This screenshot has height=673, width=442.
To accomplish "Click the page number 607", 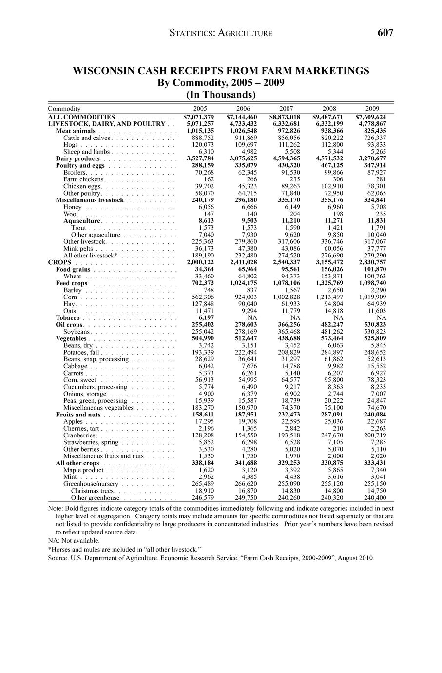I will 385,33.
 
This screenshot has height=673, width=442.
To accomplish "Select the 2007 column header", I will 287,108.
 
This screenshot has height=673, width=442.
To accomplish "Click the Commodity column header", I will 64,108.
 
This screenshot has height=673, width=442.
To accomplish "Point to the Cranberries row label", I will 79,435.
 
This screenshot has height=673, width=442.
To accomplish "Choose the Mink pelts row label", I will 78,248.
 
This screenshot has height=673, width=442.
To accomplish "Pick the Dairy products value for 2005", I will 200,158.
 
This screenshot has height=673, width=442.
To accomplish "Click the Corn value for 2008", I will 329,297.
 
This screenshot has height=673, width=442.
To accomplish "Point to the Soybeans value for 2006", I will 247,332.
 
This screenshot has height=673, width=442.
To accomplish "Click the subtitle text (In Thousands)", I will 221,94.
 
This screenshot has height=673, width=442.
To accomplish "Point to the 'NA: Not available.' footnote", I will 74,540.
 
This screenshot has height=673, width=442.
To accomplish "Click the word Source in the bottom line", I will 58,558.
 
